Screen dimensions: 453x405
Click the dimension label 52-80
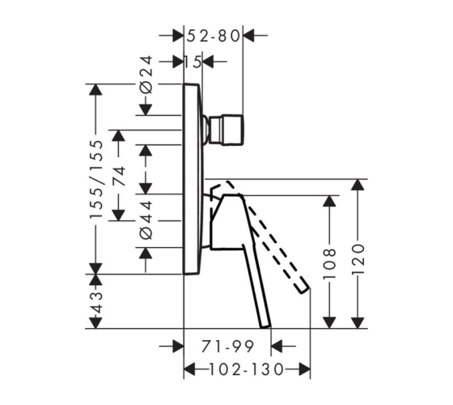point(214,36)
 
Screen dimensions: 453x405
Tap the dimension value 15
point(193,62)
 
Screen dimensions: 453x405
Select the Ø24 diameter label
point(146,75)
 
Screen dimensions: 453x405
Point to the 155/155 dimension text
point(96,179)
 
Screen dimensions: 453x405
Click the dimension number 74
point(119,177)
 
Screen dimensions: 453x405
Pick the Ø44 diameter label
point(146,220)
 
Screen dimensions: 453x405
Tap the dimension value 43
point(96,303)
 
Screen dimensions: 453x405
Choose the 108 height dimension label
point(329,263)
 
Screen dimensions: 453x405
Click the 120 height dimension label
point(358,259)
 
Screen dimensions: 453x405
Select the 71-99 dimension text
point(227,347)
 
